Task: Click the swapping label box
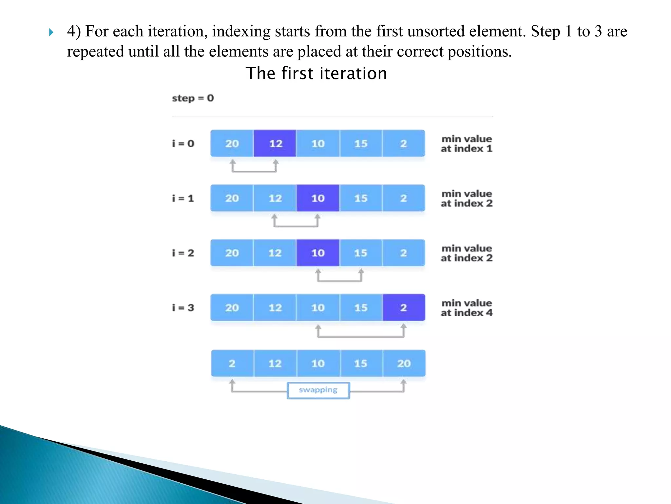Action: click(318, 390)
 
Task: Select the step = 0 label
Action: click(193, 98)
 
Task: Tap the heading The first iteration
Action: click(316, 73)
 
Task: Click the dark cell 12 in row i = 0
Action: click(275, 143)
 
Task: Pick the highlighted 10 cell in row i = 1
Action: click(318, 198)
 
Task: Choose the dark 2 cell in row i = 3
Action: click(404, 307)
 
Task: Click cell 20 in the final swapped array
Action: click(404, 363)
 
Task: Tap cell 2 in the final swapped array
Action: click(232, 363)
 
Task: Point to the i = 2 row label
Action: click(183, 253)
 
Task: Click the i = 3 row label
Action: click(183, 308)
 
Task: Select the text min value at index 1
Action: click(467, 144)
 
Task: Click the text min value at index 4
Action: click(467, 308)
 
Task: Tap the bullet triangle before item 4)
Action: click(51, 32)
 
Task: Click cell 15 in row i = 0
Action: click(361, 143)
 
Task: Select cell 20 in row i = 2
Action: click(232, 253)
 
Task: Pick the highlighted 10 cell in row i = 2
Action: click(318, 253)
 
